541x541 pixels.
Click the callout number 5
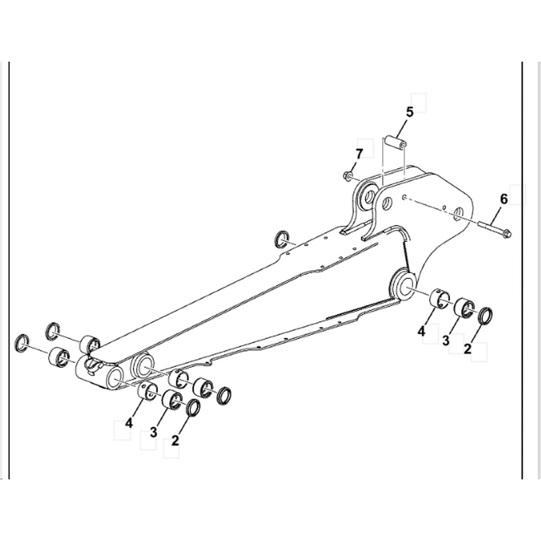click(409, 112)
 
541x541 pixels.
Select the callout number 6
click(503, 199)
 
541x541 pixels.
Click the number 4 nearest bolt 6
click(422, 331)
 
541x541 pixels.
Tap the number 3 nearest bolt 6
click(445, 340)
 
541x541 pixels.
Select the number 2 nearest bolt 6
click(467, 349)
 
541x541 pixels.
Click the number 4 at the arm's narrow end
click(129, 423)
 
